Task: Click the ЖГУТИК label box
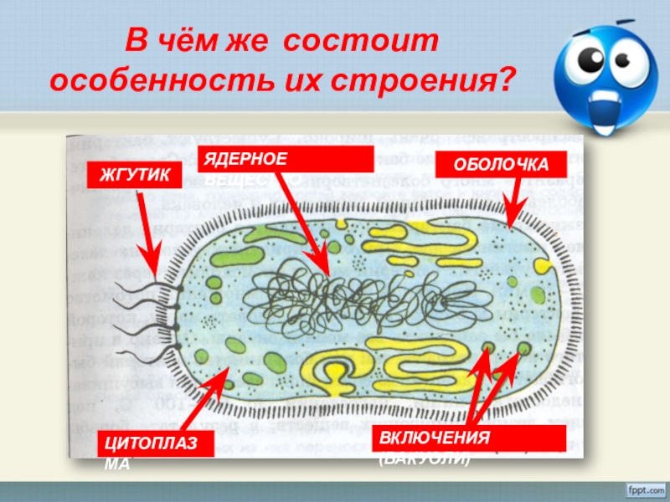(135, 175)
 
